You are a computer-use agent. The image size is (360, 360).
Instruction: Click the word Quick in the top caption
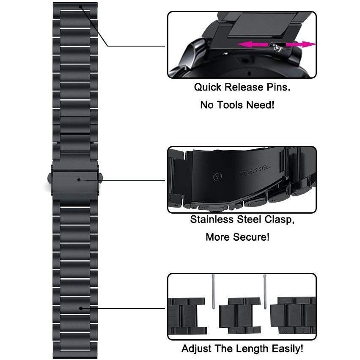(x=208, y=87)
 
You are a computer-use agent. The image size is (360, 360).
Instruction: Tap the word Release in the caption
(x=244, y=87)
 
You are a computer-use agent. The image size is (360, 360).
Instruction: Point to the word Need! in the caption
(x=260, y=105)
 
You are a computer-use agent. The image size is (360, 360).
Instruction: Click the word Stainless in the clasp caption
(x=212, y=219)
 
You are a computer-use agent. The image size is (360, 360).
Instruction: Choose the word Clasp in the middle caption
(x=280, y=220)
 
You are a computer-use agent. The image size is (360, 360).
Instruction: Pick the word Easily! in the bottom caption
(x=287, y=349)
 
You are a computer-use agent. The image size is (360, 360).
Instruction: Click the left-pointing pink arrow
(x=253, y=44)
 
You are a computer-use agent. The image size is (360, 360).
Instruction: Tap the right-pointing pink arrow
(x=301, y=44)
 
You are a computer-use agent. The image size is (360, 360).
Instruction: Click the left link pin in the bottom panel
(x=213, y=291)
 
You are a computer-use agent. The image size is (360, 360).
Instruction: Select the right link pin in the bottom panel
(x=265, y=291)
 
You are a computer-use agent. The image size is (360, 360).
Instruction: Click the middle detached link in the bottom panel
(x=240, y=316)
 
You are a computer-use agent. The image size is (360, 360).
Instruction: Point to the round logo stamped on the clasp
(x=217, y=176)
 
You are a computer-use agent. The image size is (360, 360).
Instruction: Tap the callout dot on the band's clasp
(x=79, y=179)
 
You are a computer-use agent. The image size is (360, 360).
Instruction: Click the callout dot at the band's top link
(x=80, y=7)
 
